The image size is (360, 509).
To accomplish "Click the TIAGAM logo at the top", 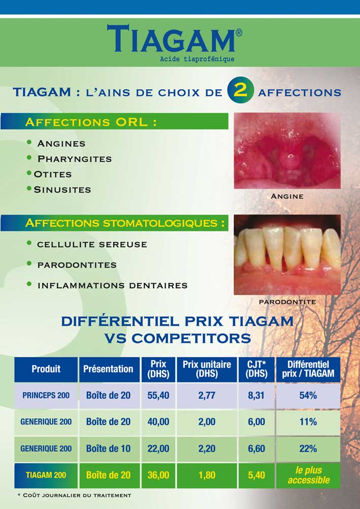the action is click(174, 39).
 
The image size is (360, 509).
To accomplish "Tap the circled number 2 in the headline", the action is click(240, 90).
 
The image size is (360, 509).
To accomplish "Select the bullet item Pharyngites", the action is click(75, 159).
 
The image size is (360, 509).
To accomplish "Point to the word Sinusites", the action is click(62, 190).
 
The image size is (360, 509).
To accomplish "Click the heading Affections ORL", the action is click(91, 122).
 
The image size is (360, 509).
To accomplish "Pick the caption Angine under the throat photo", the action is click(287, 196).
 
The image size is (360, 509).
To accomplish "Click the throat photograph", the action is click(287, 151).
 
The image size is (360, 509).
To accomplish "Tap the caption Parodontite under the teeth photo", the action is click(287, 302).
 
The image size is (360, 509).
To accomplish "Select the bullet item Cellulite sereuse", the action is click(92, 245).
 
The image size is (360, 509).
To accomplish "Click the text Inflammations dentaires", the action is click(112, 285).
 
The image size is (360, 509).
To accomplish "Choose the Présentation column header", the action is click(108, 369).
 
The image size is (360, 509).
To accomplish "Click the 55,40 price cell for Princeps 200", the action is click(158, 395).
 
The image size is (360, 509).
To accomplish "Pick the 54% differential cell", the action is click(308, 395).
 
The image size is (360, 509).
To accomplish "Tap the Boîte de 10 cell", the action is click(108, 449).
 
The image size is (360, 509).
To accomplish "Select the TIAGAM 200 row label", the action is click(46, 475).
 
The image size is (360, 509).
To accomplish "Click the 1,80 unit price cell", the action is click(207, 475).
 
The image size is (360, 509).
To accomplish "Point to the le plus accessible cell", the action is click(308, 475).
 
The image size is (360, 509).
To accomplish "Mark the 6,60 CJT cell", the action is click(256, 449).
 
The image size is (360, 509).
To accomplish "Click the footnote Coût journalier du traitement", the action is click(75, 495).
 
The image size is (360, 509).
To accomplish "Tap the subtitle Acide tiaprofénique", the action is click(197, 59).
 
